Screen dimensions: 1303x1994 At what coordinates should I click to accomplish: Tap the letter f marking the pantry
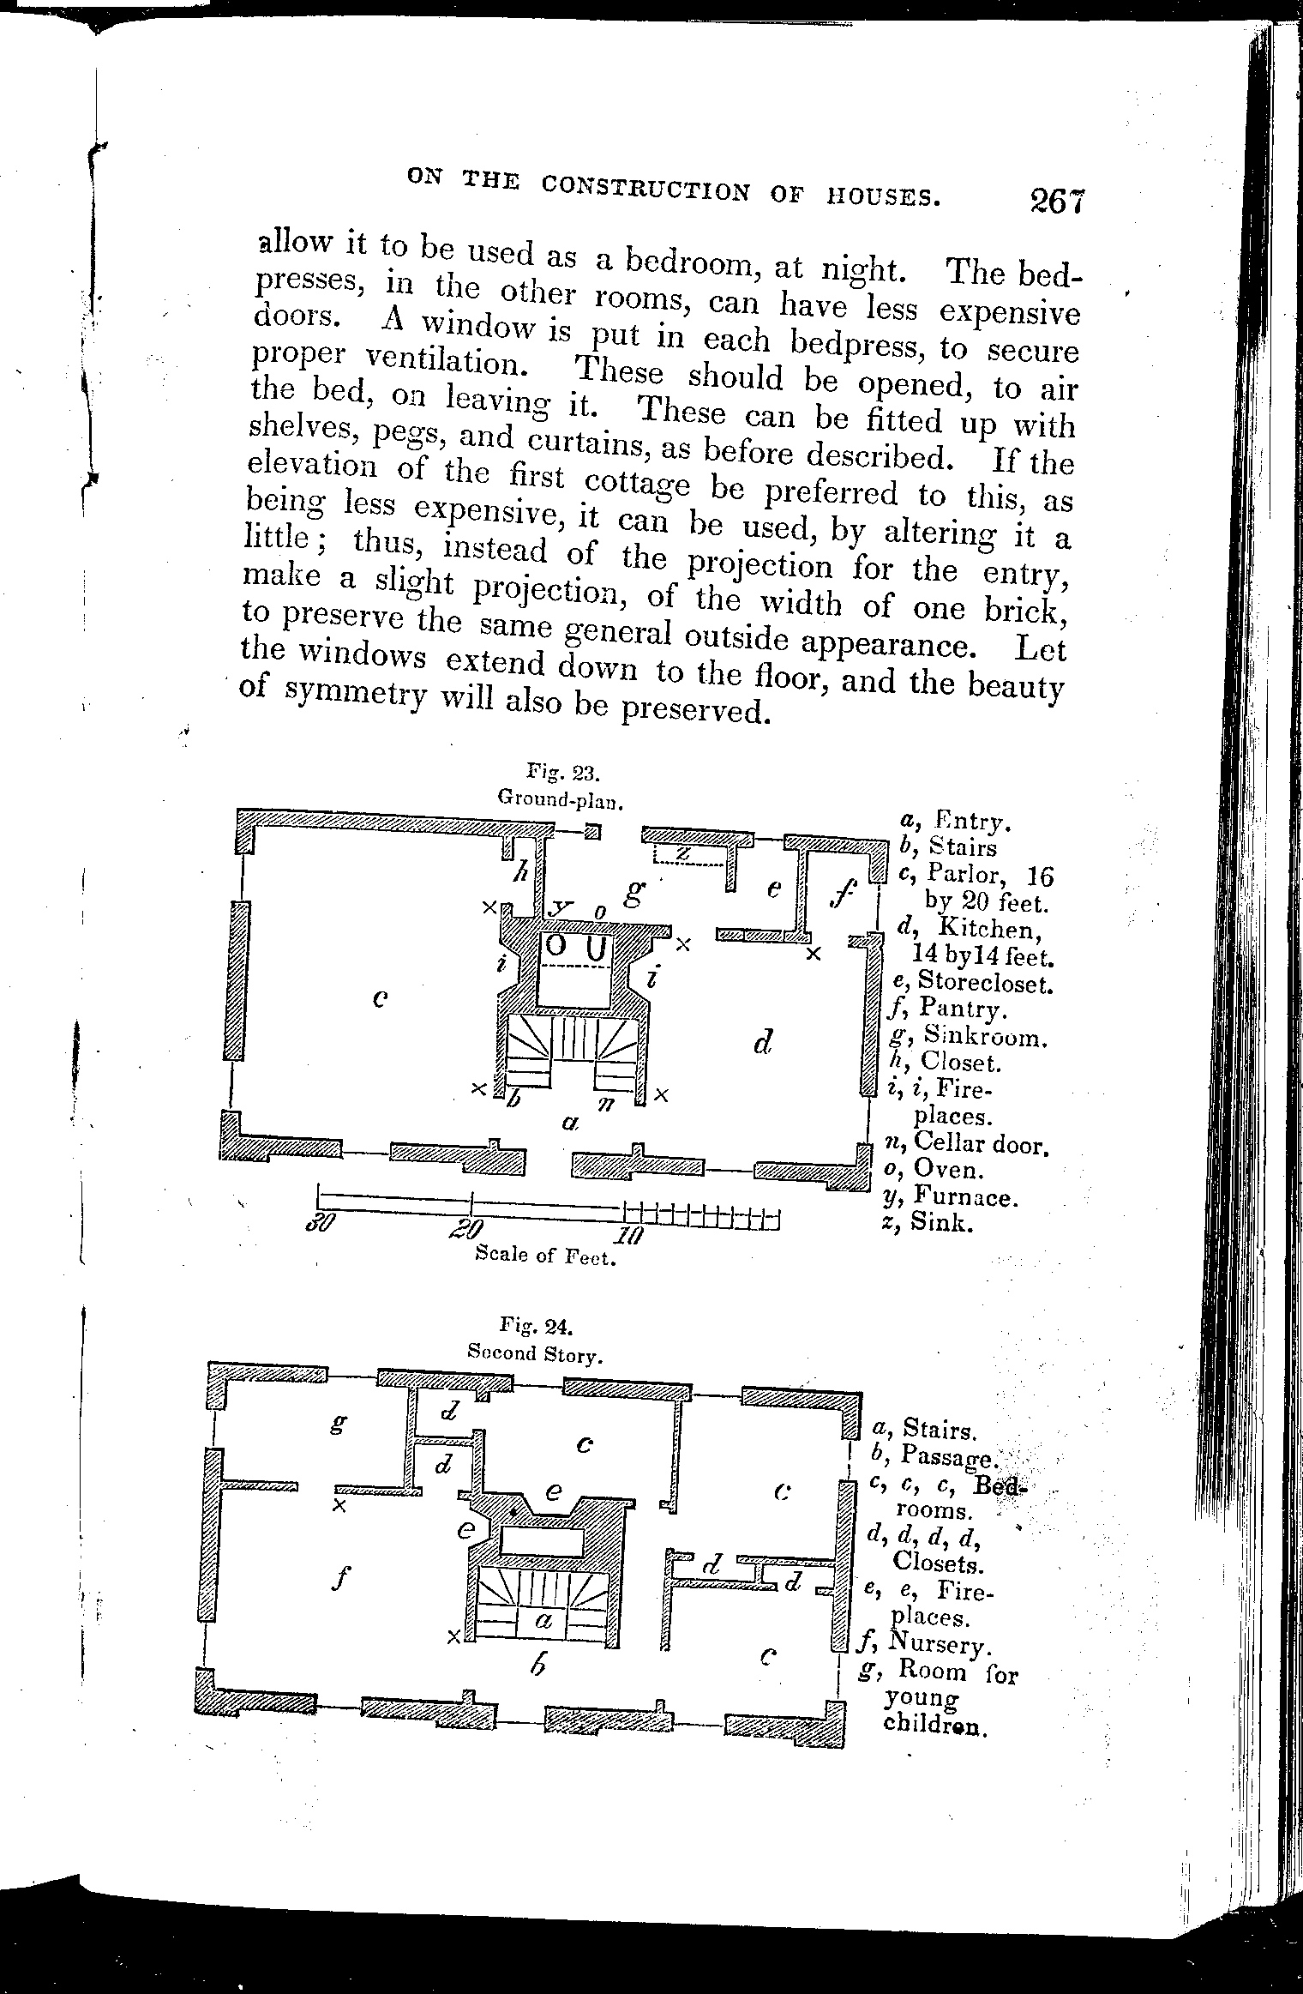[844, 895]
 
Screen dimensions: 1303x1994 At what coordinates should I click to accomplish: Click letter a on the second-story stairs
[542, 1619]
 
